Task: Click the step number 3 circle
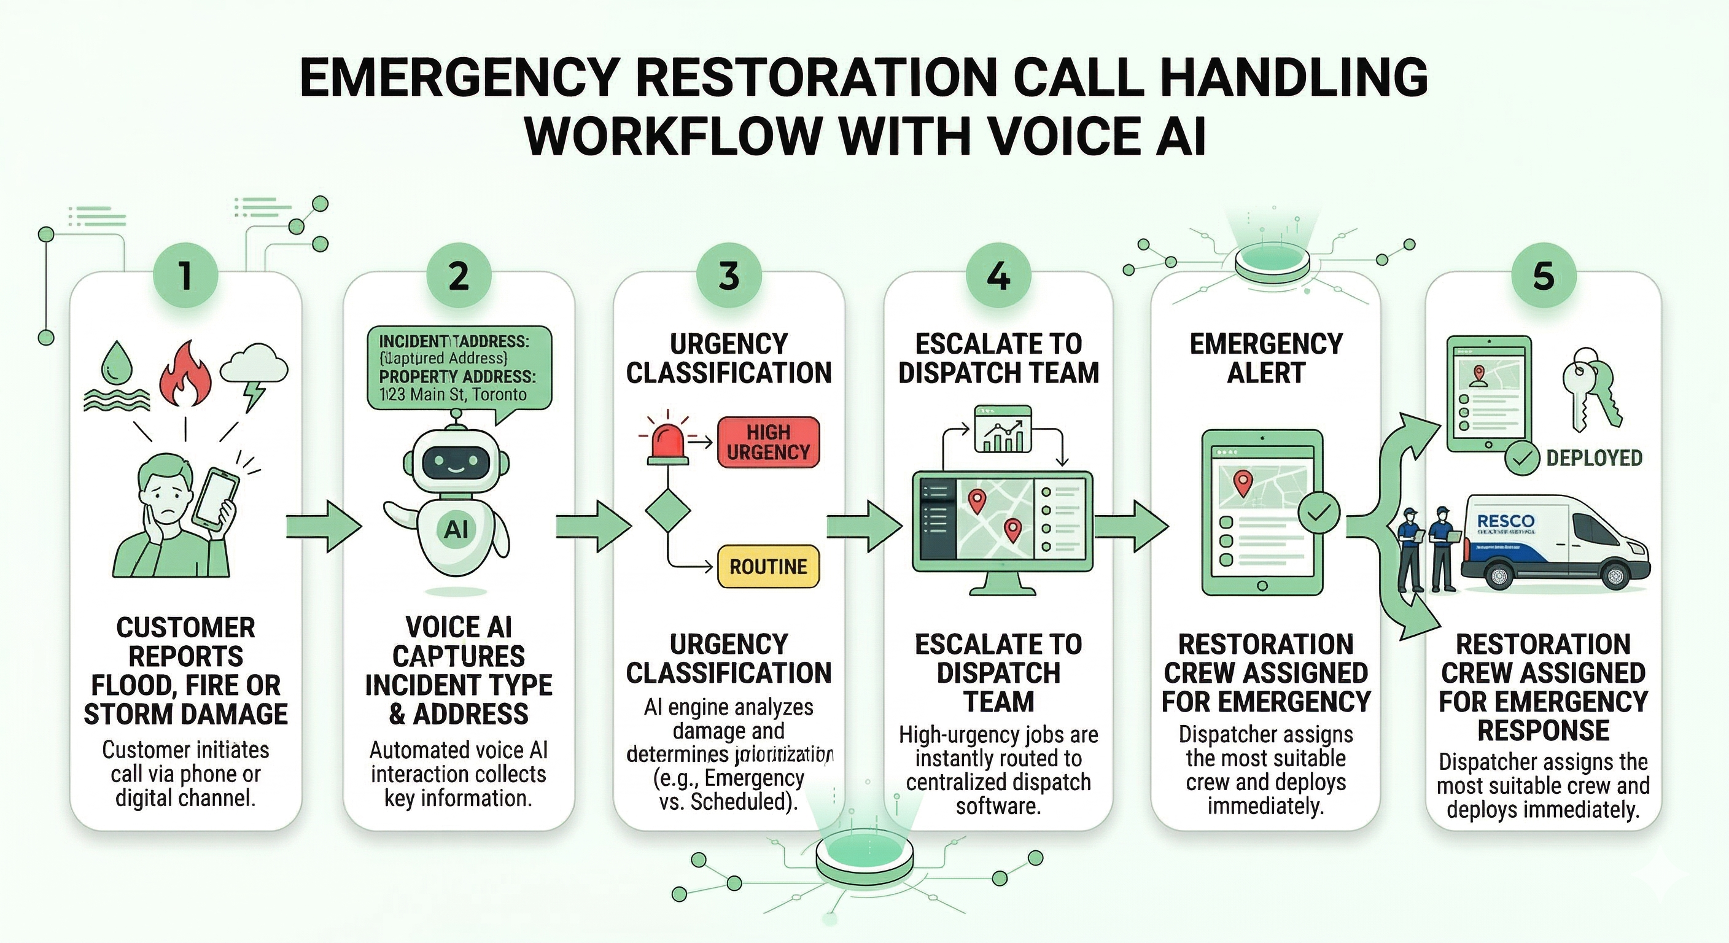coord(728,276)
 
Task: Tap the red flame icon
coord(185,373)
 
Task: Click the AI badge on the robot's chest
coord(456,530)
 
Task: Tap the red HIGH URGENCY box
coord(768,441)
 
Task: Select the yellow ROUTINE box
coord(768,567)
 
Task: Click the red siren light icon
coord(667,444)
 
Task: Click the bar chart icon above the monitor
coord(1002,429)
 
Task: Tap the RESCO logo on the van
coord(1506,521)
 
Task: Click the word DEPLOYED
coord(1594,459)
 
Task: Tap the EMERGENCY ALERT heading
coord(1266,358)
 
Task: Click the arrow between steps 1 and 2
coord(322,526)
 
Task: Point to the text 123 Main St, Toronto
coord(453,394)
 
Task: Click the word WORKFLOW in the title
coord(675,136)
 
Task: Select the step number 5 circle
coord(1543,276)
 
